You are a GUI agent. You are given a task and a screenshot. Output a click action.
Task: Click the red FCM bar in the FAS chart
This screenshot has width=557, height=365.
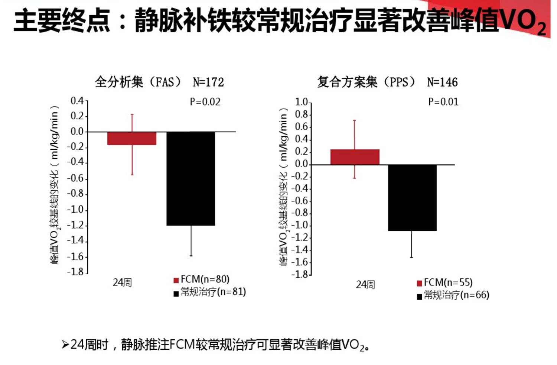click(x=132, y=138)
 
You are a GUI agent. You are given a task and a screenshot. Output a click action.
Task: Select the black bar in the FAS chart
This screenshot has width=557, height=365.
click(x=190, y=178)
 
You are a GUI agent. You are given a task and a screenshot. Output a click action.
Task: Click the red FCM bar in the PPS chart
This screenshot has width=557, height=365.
click(x=355, y=157)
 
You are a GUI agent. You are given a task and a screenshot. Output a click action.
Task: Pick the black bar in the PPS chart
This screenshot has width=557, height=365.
click(x=412, y=198)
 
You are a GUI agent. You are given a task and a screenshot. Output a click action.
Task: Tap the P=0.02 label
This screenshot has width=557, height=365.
click(x=205, y=102)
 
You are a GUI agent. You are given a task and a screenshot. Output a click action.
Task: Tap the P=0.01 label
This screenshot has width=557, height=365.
click(x=443, y=102)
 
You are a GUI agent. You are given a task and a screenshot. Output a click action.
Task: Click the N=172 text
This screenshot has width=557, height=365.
click(x=208, y=82)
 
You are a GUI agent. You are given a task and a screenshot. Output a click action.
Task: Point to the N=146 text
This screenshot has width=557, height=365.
click(x=442, y=82)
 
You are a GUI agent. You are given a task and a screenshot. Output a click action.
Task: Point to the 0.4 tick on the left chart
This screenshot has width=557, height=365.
click(x=77, y=101)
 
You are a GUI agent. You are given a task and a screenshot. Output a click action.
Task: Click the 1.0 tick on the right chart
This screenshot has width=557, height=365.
click(x=301, y=102)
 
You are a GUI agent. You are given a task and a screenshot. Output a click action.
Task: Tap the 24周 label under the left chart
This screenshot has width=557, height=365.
click(x=122, y=283)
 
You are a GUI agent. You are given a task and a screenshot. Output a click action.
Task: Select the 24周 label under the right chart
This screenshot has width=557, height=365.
click(x=365, y=285)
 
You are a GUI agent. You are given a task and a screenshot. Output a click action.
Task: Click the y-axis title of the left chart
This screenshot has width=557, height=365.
click(x=55, y=185)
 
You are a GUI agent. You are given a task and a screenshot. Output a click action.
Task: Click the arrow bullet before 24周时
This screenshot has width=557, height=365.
click(x=65, y=345)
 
